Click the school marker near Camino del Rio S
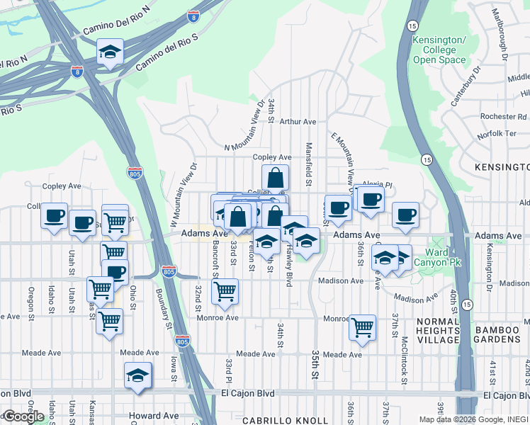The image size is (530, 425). point(110,52)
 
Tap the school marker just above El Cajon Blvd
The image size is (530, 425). point(138,376)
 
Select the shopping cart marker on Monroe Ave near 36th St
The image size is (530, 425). point(362,328)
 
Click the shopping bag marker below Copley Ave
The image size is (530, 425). point(275,178)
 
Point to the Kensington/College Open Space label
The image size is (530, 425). point(439,50)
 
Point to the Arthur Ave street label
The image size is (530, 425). point(298,122)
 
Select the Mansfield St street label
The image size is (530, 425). point(309,164)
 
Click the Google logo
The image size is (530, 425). point(24,416)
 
